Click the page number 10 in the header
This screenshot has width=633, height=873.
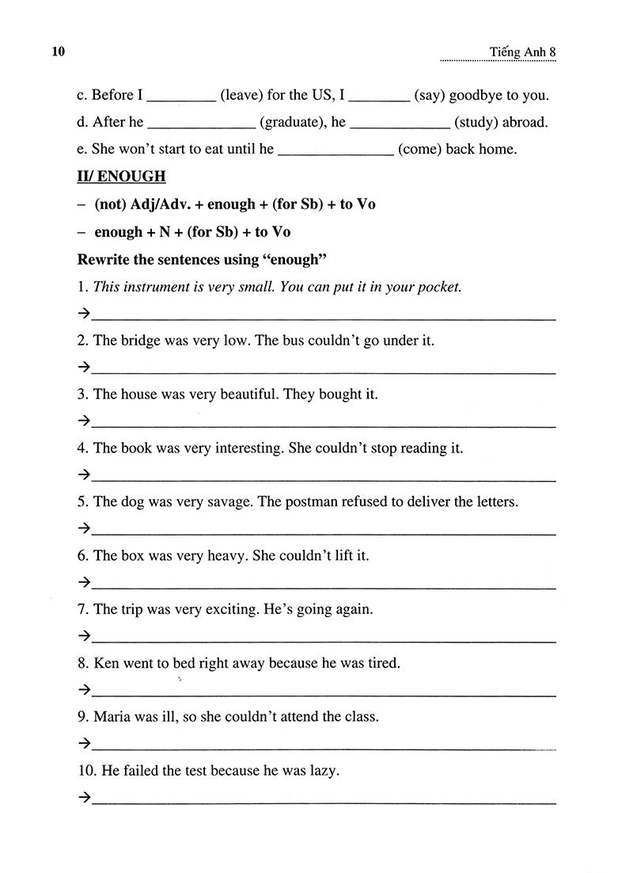[57, 52]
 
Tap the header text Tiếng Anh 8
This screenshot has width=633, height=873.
[524, 52]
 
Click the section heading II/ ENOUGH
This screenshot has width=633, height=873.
[121, 176]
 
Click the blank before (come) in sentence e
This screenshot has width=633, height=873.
[336, 149]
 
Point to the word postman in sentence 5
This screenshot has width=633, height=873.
[311, 501]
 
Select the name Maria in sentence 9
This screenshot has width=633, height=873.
[111, 717]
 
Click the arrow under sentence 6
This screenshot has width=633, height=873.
[84, 582]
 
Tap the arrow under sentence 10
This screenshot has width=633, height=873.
[84, 798]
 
